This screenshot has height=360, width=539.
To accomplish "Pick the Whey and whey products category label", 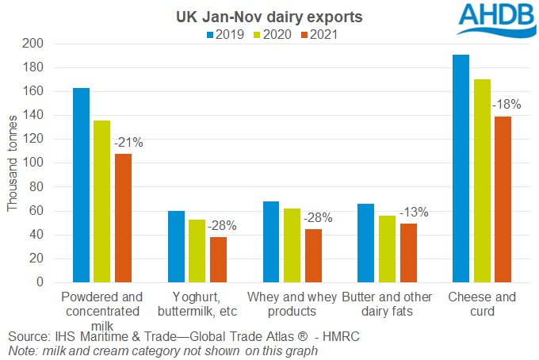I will point(292,304).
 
